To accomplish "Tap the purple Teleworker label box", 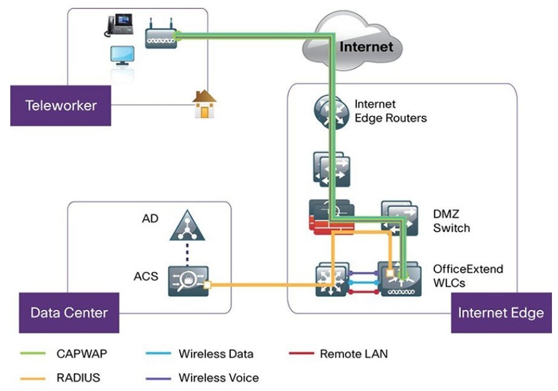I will (61, 105).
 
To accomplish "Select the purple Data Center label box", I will (69, 313).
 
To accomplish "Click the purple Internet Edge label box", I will (500, 313).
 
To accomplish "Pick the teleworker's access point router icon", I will (161, 38).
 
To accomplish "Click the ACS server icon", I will (187, 281).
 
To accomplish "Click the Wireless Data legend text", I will (216, 354).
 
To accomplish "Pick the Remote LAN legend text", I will (353, 354).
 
